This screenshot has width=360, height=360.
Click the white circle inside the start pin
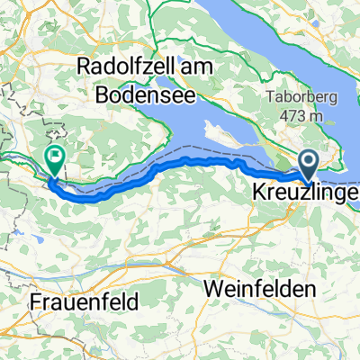point(308,162)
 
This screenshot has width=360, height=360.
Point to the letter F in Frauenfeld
point(35,302)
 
